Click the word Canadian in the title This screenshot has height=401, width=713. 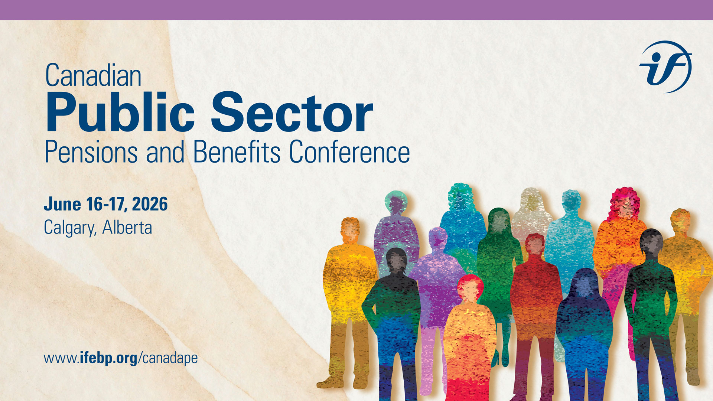pos(93,75)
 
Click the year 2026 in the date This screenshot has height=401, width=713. pos(150,204)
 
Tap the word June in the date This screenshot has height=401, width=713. pos(62,204)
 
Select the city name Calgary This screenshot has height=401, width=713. pos(70,228)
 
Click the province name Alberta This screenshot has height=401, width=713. pos(127,227)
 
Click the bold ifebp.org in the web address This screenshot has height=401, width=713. pos(108,358)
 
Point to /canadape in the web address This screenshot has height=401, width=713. pos(168,358)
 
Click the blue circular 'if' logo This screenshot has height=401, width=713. pos(665,67)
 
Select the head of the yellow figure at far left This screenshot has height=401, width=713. pos(350,229)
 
